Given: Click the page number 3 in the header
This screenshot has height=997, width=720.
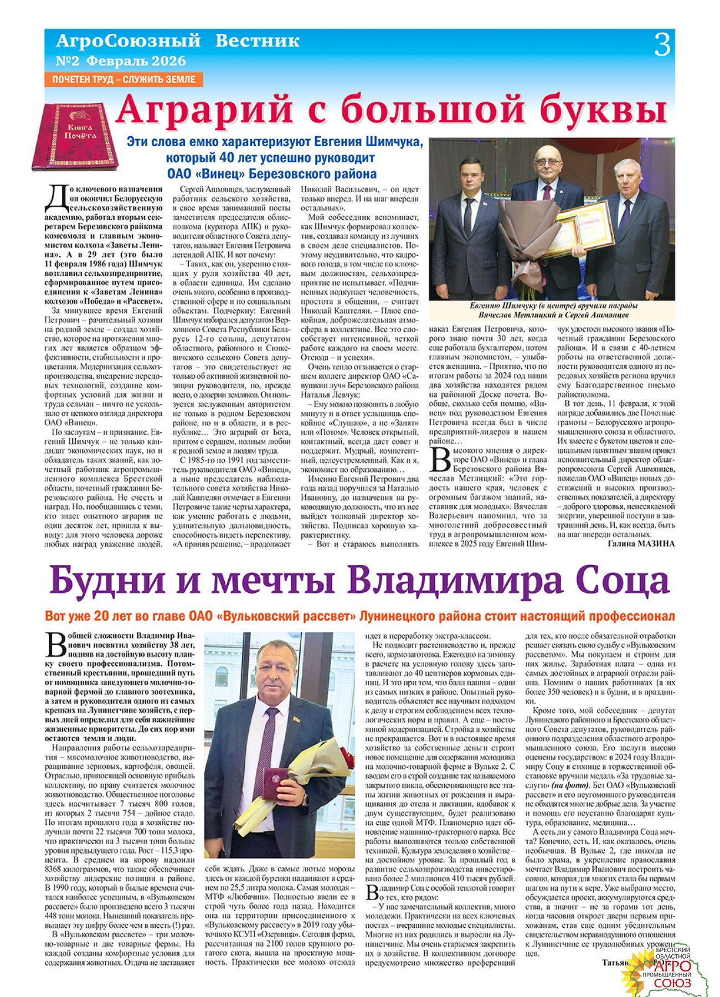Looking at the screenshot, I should pos(662,45).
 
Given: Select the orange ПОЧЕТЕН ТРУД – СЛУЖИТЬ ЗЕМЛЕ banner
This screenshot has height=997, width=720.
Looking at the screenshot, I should pos(124,79).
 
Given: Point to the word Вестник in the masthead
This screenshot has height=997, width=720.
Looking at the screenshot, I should pos(257,41).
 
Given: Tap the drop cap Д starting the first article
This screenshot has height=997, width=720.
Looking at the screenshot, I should pos(56,198).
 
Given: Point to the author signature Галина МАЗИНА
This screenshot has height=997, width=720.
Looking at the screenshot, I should pos(641,543).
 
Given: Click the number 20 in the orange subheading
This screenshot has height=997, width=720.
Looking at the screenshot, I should pos(104,616).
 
